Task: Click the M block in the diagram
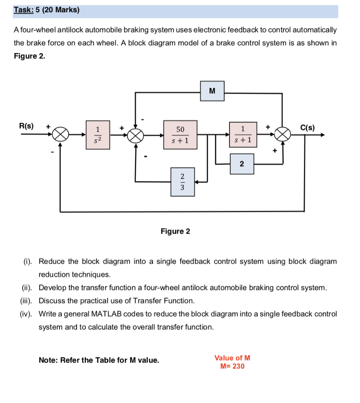[x=212, y=91]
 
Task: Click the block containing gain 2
[x=242, y=164]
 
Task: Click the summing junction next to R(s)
[x=60, y=135]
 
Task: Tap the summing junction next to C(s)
[x=282, y=135]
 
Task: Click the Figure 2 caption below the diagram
[x=175, y=231]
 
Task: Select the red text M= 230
[x=233, y=366]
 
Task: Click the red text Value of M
[x=232, y=358]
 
